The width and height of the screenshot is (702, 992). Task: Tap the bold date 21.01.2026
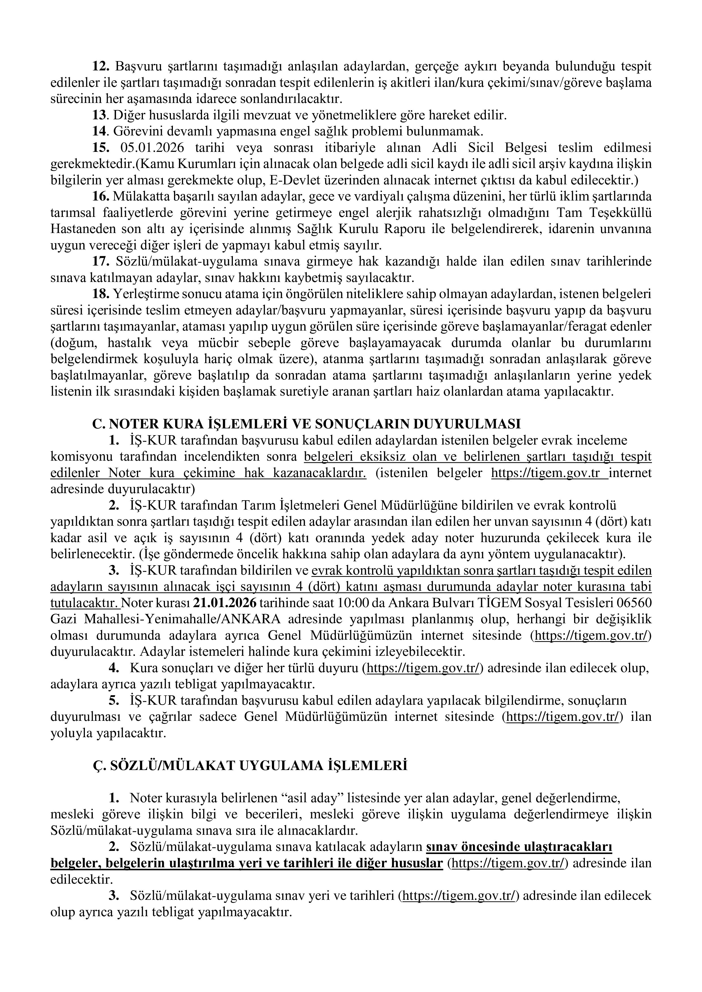[x=225, y=603]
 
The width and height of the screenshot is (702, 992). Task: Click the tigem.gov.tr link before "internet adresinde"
[x=548, y=474]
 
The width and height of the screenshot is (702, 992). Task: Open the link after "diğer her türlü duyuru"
[x=423, y=668]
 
